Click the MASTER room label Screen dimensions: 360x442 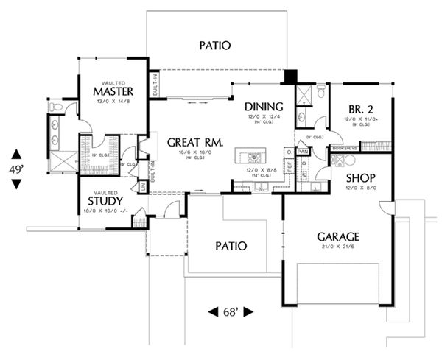(113, 91)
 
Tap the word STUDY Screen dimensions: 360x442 (105, 200)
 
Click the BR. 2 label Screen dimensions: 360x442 (362, 108)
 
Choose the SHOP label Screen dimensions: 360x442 (361, 178)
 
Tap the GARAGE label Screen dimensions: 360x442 (337, 237)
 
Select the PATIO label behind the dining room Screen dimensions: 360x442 (214, 46)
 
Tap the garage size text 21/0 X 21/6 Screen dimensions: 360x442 (337, 249)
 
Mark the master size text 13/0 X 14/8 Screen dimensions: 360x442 (113, 102)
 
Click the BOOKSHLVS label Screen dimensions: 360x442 (345, 148)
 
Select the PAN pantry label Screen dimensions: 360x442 (302, 152)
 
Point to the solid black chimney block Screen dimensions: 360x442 (290, 77)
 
